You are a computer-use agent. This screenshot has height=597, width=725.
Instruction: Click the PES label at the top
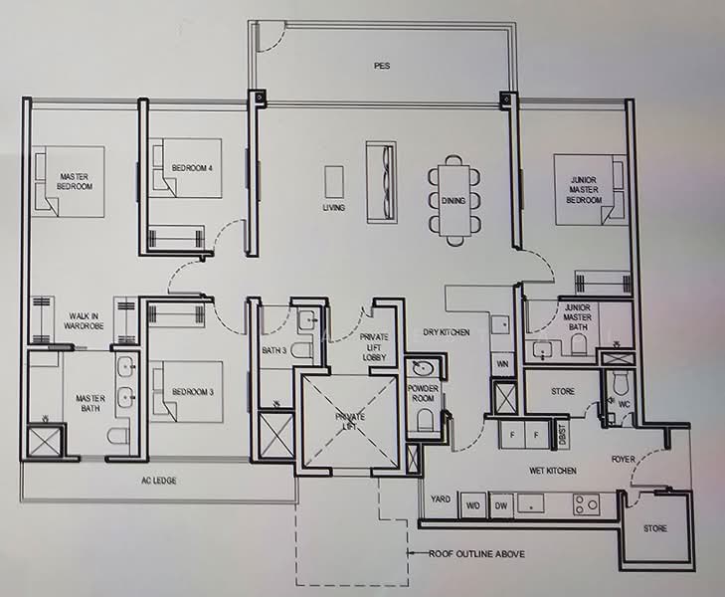point(382,66)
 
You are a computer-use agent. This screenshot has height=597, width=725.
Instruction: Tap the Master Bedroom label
point(75,181)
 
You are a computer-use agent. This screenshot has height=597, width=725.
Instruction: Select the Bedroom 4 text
point(192,168)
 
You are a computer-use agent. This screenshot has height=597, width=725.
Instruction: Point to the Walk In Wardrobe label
point(84,321)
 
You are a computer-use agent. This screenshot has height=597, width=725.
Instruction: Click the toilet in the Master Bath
point(118,435)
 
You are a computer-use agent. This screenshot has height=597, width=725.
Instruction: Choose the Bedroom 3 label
point(193,392)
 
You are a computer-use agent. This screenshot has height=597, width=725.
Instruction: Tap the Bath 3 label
point(274,350)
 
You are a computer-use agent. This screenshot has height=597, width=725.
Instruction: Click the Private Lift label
point(350,421)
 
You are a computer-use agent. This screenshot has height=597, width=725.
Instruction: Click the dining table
point(453,201)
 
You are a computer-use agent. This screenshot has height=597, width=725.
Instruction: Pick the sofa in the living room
point(382,183)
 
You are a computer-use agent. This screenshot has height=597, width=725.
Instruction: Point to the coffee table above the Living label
point(334,182)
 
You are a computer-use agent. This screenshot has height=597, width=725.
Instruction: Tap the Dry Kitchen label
point(447,332)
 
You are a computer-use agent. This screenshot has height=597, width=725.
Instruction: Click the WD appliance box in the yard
point(472,505)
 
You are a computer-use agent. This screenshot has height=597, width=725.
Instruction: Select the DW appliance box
point(501,505)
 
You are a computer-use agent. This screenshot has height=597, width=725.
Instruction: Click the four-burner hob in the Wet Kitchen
point(587,504)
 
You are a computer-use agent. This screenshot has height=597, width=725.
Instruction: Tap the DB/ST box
point(562,435)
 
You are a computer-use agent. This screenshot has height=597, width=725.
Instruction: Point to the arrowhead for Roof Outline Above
point(409,553)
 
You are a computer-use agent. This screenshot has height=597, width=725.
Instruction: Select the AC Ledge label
point(158,481)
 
